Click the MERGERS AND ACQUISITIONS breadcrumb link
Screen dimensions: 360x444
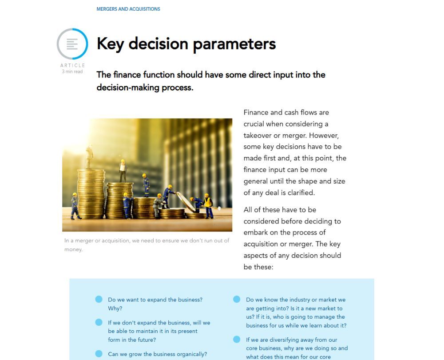128,9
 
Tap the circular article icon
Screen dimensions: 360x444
72,44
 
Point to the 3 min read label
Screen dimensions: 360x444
72,72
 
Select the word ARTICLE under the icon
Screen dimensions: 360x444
72,65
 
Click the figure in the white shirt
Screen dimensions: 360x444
123,170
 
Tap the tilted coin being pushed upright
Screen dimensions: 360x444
186,201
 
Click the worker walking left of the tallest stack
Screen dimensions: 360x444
75,205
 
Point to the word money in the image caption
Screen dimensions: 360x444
73,249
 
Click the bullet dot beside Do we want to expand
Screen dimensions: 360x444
99,299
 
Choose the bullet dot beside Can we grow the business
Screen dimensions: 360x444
99,354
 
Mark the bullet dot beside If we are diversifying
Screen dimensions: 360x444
237,340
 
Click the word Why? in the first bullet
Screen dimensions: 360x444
115,308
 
